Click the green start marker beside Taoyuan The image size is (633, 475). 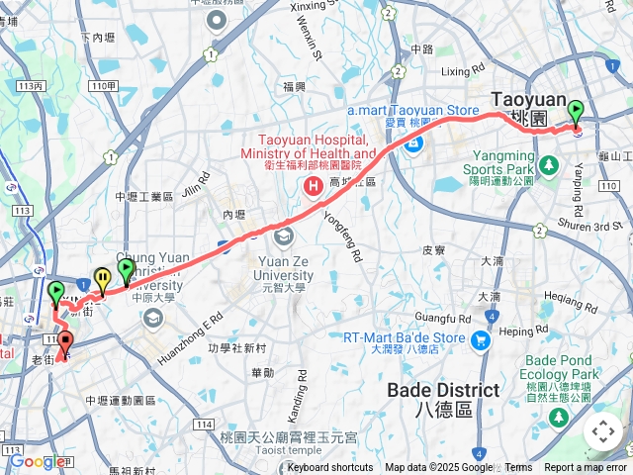coord(575,113)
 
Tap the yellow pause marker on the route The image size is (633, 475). coord(102,280)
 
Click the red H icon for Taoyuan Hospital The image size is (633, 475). coord(314,185)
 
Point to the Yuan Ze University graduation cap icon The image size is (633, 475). coord(284,235)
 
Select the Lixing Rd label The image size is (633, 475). coord(463,71)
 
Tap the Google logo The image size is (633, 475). coord(36,461)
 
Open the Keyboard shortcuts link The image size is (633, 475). coord(330,468)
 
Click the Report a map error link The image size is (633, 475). coord(586,468)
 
